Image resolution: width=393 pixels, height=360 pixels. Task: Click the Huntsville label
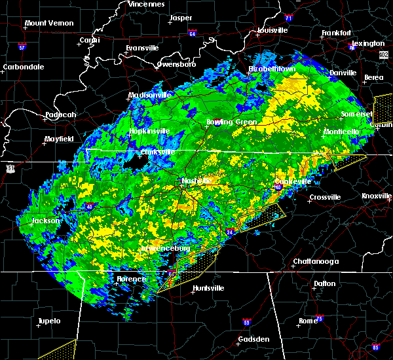click(x=208, y=288)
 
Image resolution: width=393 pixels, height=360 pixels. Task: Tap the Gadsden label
click(x=253, y=339)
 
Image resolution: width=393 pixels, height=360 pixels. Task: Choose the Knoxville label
click(x=377, y=196)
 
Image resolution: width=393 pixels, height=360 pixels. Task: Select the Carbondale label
click(x=23, y=67)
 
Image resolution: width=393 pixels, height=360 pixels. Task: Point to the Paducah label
click(x=60, y=115)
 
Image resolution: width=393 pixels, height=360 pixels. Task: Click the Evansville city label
click(x=143, y=48)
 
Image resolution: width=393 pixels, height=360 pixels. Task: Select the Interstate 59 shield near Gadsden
click(x=246, y=322)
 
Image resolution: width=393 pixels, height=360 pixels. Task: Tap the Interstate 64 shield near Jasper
click(x=192, y=31)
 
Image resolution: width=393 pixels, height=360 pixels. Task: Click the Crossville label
click(x=325, y=197)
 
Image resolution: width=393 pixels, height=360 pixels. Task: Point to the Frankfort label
click(x=337, y=33)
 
